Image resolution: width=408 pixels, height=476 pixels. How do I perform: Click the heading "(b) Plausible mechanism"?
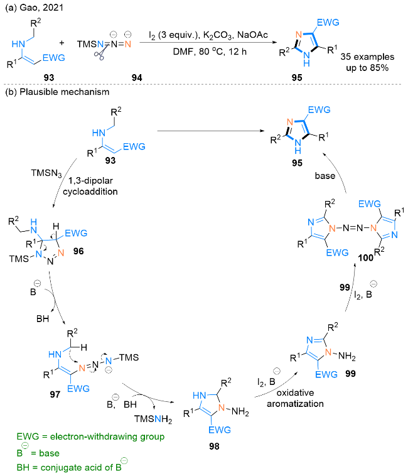(x=46, y=92)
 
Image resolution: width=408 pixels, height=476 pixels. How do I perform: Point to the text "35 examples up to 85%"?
(x=367, y=61)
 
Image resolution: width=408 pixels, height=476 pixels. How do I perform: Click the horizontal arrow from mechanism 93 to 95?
(x=204, y=131)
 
